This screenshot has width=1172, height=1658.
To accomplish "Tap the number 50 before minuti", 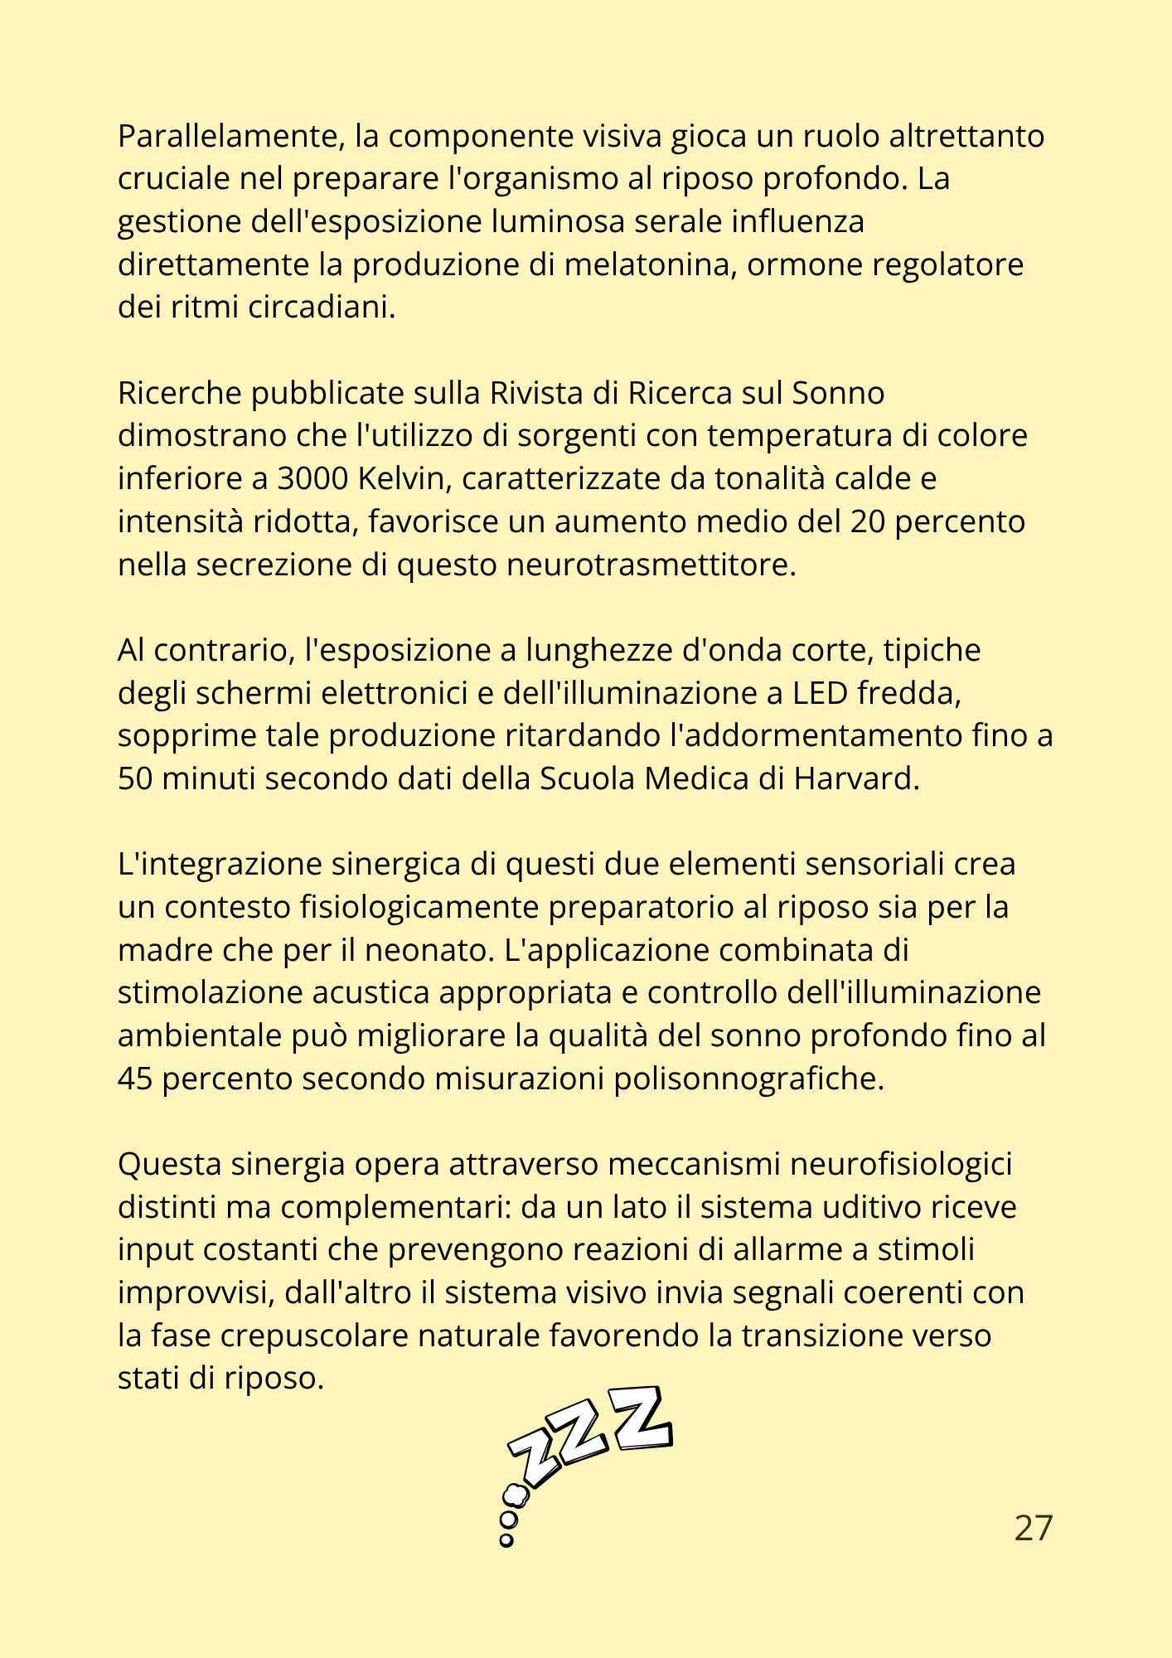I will click(136, 778).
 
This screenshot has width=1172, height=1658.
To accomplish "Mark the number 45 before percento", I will click(136, 1079).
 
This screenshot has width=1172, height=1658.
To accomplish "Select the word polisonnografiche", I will click(749, 1079).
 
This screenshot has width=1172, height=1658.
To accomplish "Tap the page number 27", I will click(1033, 1528).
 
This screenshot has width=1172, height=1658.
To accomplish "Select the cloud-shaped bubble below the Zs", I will click(516, 1494).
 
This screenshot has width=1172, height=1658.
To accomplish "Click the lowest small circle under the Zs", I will click(506, 1540).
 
